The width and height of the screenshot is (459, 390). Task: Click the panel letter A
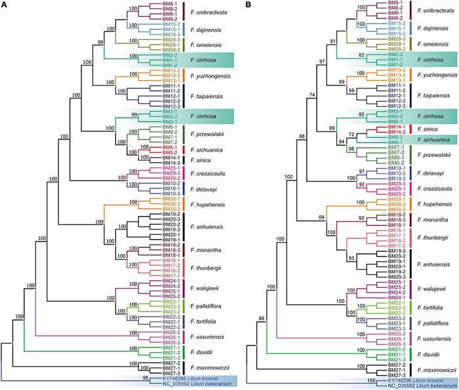coord(5,5)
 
